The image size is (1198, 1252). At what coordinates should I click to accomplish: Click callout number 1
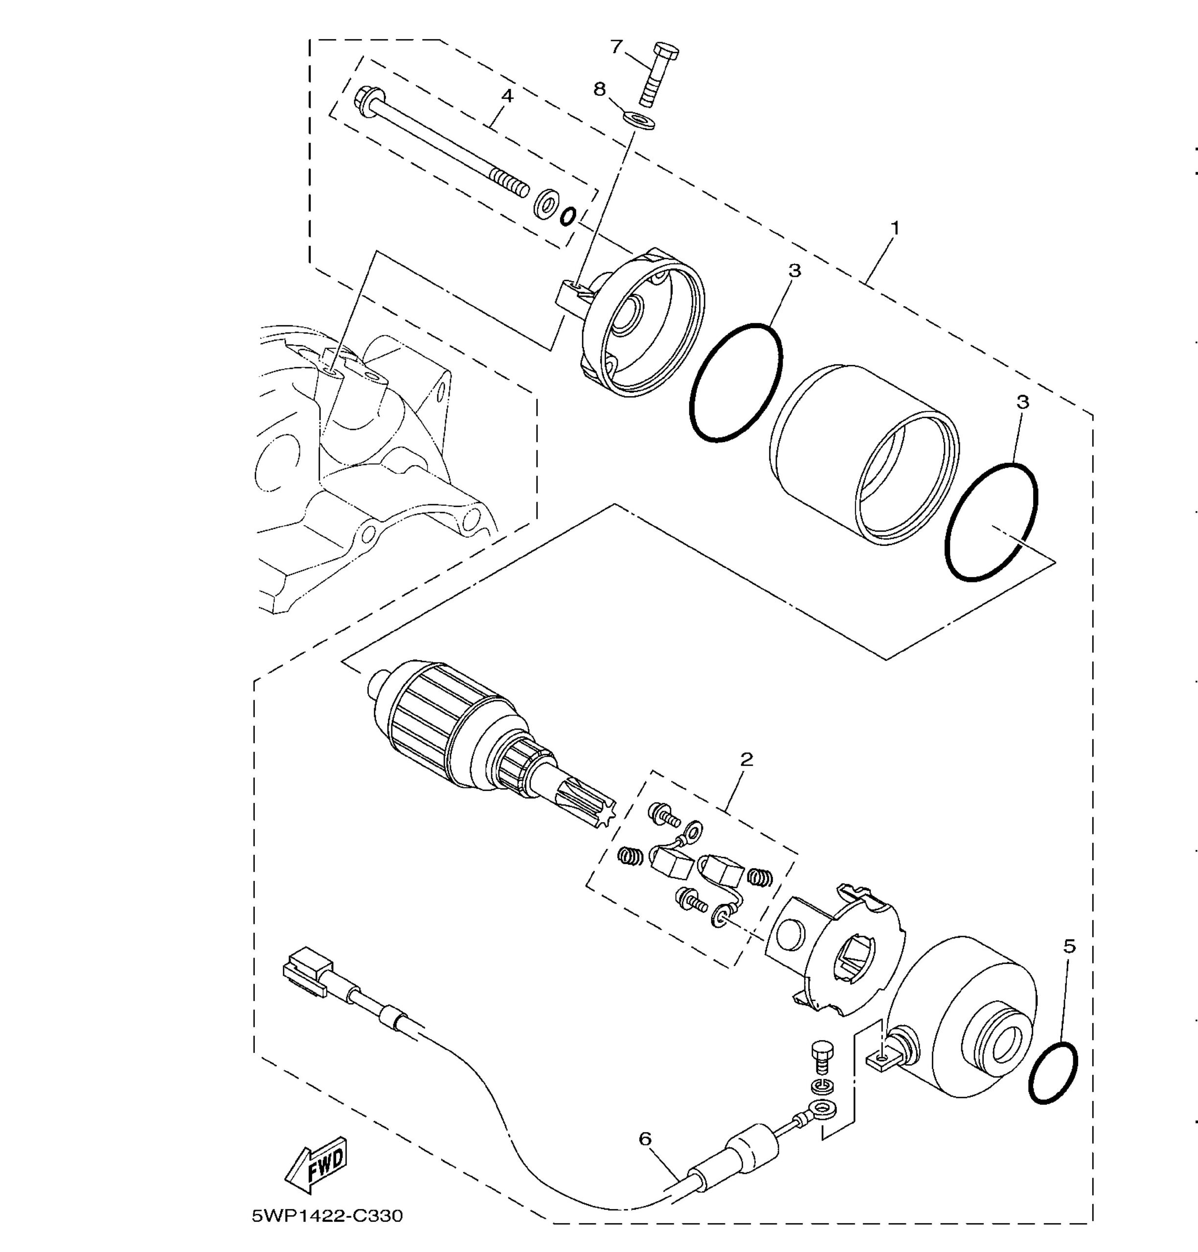895,228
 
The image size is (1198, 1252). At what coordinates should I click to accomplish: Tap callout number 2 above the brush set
746,760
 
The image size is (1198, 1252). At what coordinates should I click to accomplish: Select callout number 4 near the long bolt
507,96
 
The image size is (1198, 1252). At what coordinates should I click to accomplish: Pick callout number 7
616,46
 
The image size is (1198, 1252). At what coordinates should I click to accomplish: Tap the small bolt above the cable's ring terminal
820,1060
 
